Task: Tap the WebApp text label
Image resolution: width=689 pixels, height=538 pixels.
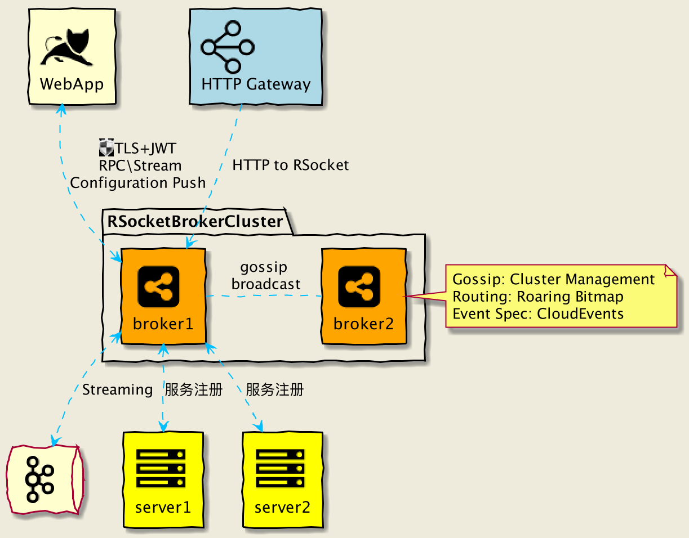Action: coord(72,84)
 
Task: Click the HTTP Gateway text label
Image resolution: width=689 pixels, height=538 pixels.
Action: coord(256,84)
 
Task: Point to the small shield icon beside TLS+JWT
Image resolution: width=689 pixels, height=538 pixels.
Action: coord(106,148)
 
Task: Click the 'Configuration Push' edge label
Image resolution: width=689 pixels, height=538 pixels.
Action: coord(137,183)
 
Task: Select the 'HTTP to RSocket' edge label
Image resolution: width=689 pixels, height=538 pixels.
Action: coord(290,165)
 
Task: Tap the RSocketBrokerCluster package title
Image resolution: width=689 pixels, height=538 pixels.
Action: coord(195,221)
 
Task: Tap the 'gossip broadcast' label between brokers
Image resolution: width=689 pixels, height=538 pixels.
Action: coord(265,275)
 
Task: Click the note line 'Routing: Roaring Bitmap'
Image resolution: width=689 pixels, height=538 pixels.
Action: coord(538,297)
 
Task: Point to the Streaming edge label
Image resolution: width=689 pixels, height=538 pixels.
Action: coord(117,389)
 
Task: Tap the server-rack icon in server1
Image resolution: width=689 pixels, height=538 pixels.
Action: coord(161,468)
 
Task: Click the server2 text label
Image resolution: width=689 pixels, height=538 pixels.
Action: coord(282,508)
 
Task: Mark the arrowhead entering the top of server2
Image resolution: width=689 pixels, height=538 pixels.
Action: coord(260,428)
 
